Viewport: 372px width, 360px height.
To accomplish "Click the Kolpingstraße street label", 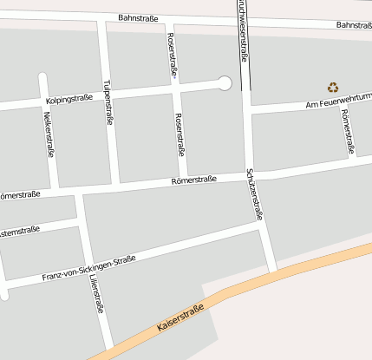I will (69, 100).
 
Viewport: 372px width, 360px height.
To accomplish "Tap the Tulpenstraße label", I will (108, 102).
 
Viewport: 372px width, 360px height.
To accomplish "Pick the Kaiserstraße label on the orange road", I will (180, 319).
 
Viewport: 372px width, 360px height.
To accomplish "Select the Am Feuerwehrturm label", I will (338, 103).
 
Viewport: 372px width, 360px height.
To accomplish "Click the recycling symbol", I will (333, 87).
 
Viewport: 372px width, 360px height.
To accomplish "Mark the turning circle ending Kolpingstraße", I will (225, 83).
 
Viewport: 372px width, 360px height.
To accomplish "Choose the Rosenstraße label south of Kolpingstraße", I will (179, 134).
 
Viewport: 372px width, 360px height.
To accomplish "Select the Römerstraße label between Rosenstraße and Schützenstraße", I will (193, 180).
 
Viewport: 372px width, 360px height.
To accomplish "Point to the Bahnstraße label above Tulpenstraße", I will (138, 18).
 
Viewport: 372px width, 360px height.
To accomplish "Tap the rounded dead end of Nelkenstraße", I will (42, 77).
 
